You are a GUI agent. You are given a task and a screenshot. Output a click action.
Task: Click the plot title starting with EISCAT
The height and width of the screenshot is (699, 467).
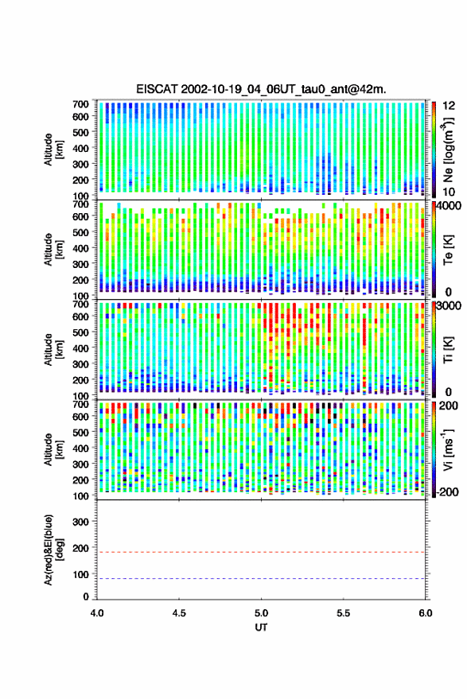(261, 89)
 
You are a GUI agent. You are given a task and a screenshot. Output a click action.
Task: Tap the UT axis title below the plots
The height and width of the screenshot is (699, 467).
(261, 627)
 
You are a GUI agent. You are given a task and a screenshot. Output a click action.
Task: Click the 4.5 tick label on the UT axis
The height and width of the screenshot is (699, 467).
(179, 613)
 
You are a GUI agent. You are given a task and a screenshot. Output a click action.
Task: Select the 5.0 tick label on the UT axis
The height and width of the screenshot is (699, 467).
(262, 613)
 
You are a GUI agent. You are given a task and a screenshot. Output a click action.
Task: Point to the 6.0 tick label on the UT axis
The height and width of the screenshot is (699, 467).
(425, 613)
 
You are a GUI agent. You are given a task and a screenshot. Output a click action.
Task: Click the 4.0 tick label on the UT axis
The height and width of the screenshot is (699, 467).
(97, 613)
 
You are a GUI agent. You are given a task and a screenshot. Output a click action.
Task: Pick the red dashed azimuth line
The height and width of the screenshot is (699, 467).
(261, 553)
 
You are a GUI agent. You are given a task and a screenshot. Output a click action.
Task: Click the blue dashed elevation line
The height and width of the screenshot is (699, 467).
(261, 579)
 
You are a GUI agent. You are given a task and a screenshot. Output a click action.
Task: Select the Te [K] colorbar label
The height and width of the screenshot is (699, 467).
(448, 250)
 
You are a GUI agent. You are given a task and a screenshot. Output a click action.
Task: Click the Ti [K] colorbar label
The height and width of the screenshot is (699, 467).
(448, 350)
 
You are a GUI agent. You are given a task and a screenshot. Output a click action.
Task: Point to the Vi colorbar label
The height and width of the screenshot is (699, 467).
(448, 449)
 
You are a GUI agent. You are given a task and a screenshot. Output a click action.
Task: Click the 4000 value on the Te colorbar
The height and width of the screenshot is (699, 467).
(449, 207)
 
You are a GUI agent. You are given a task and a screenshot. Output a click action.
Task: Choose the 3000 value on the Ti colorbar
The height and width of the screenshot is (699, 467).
(449, 306)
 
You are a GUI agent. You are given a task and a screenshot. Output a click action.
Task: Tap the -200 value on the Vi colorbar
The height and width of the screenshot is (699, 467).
(447, 492)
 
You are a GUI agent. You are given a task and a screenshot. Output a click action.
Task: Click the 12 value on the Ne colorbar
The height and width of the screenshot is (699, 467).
(449, 106)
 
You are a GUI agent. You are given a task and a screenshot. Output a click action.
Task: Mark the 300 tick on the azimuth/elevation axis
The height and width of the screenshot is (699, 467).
(80, 522)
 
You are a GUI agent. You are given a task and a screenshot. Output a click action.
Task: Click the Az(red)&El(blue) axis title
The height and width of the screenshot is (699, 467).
(53, 550)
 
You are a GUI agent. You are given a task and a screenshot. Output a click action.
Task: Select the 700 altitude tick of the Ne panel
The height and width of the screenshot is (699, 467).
(80, 104)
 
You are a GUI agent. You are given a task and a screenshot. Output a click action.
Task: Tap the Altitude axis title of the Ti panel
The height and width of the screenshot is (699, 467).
(53, 350)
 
